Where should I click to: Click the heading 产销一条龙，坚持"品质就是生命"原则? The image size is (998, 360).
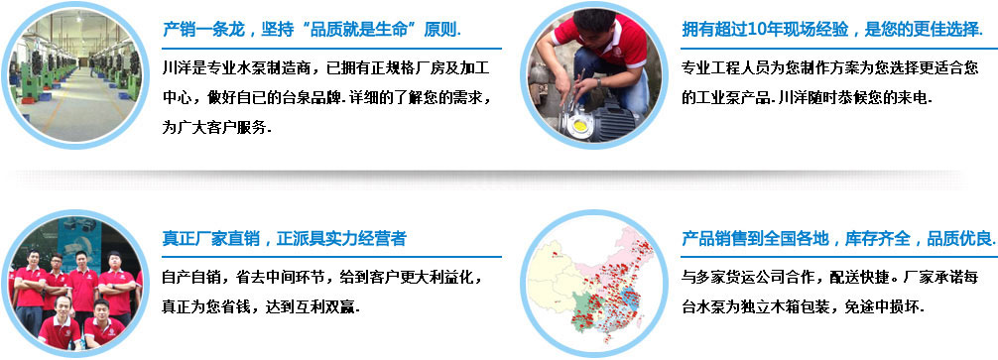(312, 28)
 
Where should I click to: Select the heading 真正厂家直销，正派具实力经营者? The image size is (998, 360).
(284, 239)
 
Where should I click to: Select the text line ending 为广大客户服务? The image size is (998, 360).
(216, 128)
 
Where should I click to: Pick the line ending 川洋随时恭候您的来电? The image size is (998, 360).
(808, 98)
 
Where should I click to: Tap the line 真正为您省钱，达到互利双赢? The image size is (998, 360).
(260, 306)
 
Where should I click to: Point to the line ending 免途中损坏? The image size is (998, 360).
(804, 306)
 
